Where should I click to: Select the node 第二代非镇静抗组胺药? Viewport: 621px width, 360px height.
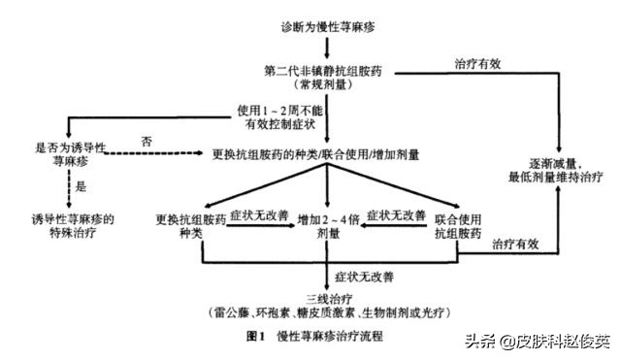[x=329, y=71]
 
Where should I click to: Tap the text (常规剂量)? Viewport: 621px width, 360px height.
[x=329, y=85]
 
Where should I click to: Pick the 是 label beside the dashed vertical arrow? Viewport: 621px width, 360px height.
[x=80, y=186]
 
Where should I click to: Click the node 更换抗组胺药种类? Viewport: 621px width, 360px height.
[x=191, y=226]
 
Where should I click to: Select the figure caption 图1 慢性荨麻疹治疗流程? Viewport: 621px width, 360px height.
[x=314, y=337]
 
